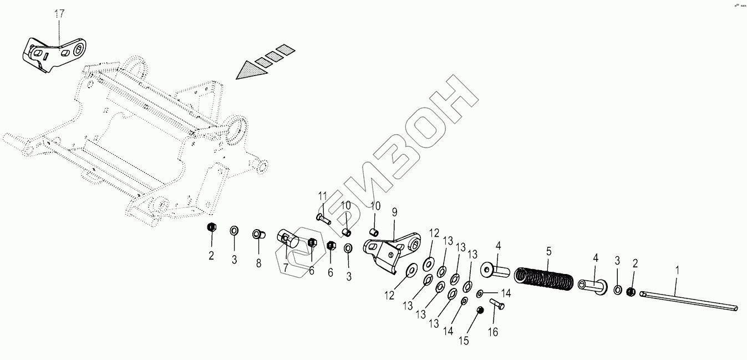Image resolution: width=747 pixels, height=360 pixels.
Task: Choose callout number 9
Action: (395, 211)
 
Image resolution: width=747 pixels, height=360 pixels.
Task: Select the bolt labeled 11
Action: (323, 218)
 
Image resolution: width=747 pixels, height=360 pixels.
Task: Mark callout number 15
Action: (464, 341)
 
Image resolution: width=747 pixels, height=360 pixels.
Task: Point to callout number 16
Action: (493, 332)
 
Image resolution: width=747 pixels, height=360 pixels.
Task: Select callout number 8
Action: (258, 263)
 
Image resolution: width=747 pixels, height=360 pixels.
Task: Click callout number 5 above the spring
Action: (548, 251)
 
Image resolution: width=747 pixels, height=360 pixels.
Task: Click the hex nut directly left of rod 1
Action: (631, 292)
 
